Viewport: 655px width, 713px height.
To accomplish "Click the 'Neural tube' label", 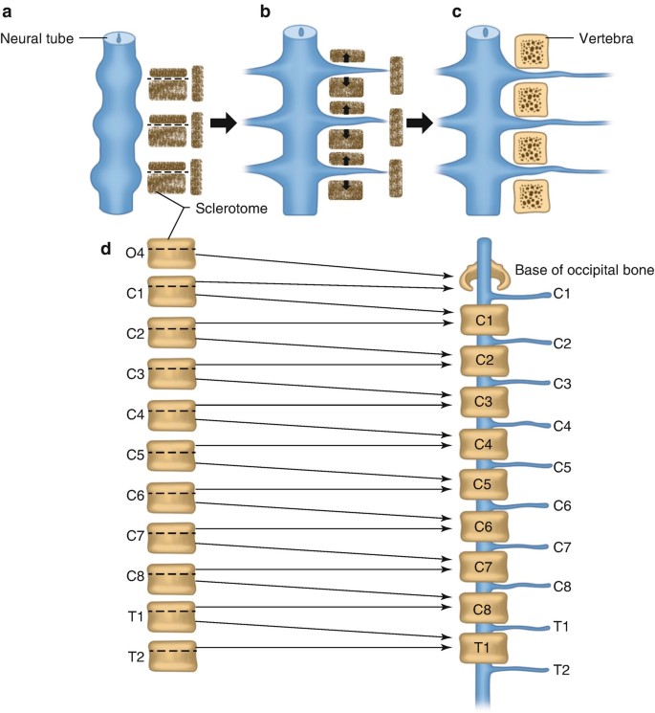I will [35, 38].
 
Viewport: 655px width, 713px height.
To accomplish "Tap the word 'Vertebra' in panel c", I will [604, 40].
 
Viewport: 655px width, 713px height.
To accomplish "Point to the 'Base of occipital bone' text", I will [584, 271].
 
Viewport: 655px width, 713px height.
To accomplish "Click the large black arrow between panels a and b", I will [224, 123].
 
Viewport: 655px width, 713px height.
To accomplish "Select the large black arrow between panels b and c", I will [419, 123].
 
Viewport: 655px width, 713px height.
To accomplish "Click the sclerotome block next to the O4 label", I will [171, 252].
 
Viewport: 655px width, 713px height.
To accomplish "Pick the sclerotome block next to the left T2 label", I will [171, 656].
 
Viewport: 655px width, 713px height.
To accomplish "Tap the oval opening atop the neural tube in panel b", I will [302, 32].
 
